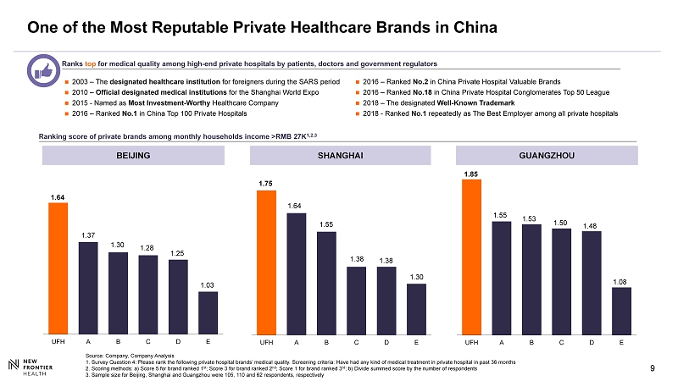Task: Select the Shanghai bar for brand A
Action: pyautogui.click(x=296, y=273)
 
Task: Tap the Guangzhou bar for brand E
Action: pyautogui.click(x=621, y=310)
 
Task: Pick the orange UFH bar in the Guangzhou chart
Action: pyautogui.click(x=471, y=257)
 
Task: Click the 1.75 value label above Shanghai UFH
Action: pyautogui.click(x=266, y=183)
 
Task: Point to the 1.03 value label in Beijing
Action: pyautogui.click(x=208, y=284)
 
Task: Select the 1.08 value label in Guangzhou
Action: pyautogui.click(x=621, y=280)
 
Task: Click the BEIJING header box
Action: pyautogui.click(x=133, y=156)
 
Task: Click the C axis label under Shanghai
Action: pyautogui.click(x=356, y=343)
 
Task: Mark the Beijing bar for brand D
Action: pyautogui.click(x=178, y=295)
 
